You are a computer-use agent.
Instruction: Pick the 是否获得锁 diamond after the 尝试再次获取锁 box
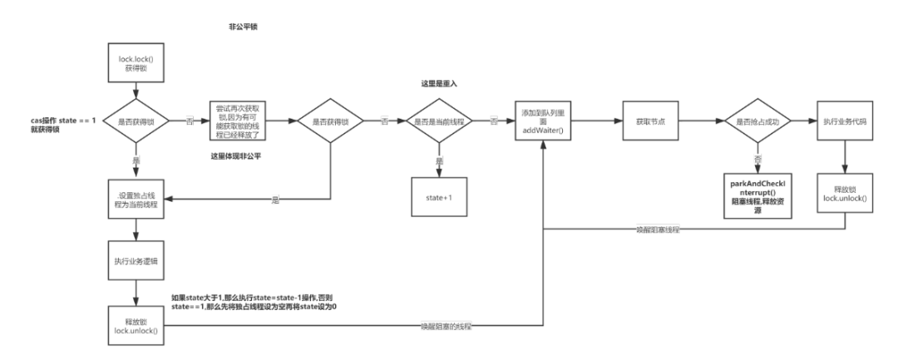coord(331,122)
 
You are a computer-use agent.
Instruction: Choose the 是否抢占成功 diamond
coord(753,122)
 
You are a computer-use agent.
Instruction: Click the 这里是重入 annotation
coord(441,85)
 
